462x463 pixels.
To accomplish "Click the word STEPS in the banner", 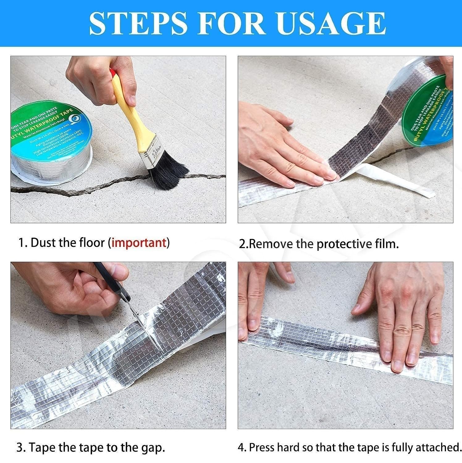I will pyautogui.click(x=138, y=23).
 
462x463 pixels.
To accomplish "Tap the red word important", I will pyautogui.click(x=139, y=243).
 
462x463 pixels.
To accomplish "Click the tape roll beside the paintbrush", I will pyautogui.click(x=51, y=142).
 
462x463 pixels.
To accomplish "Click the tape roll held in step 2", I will pyautogui.click(x=426, y=120).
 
